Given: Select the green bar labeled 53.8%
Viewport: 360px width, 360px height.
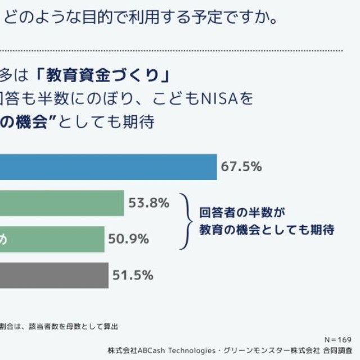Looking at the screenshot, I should click(62, 203).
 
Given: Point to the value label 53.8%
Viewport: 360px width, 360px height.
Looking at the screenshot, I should click(148, 203).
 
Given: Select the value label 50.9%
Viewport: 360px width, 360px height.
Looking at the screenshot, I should click(129, 239).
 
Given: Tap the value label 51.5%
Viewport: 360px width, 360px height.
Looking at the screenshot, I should click(133, 275).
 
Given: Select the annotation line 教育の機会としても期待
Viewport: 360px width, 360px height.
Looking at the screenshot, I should click(267, 230).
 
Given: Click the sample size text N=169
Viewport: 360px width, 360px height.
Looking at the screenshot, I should click(338, 340).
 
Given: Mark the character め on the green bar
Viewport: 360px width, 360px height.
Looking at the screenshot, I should click(3, 240).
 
